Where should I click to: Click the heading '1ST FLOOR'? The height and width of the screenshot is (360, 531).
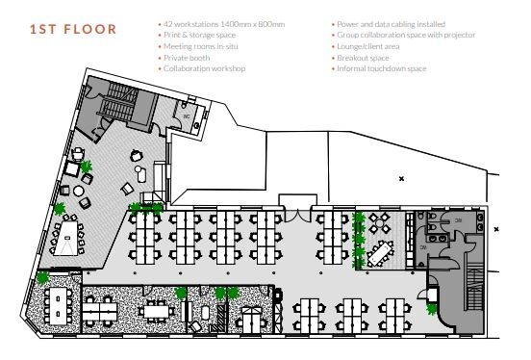[73, 30]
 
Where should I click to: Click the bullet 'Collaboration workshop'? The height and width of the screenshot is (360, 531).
[204, 69]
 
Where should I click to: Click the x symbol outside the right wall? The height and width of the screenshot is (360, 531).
[496, 229]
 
